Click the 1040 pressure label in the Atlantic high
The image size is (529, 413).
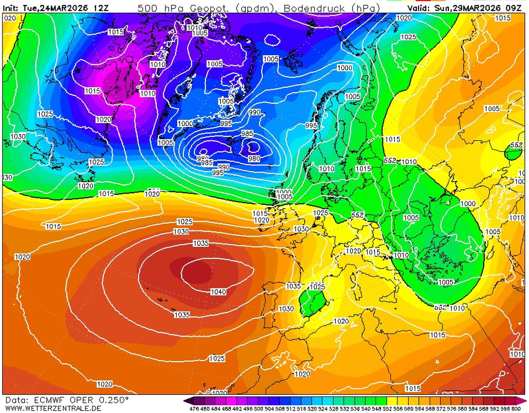[x=219, y=292]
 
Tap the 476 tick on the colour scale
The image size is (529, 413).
[x=194, y=409]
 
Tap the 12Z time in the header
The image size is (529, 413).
[x=101, y=8]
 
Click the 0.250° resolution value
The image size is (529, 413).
[x=113, y=400]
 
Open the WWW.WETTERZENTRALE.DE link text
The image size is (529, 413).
[x=53, y=408]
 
